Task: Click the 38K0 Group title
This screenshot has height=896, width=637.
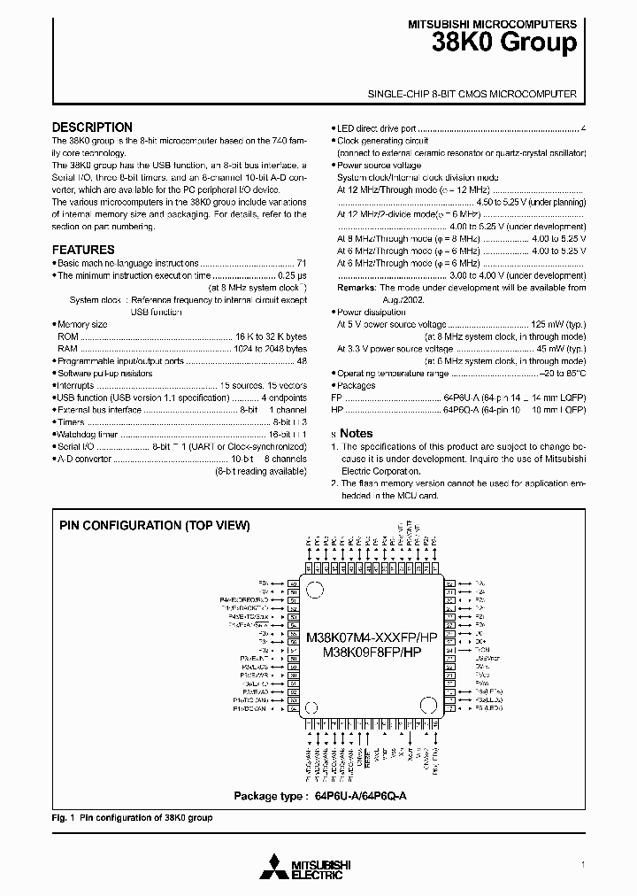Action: click(x=505, y=42)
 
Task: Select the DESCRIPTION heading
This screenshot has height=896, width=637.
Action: click(x=92, y=127)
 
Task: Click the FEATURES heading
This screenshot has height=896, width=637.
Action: click(x=83, y=250)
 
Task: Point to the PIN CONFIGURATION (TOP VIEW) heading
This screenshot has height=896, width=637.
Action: click(x=155, y=525)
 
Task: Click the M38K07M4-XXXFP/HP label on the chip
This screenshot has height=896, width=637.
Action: click(x=372, y=637)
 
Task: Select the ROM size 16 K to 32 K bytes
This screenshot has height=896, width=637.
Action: click(x=271, y=337)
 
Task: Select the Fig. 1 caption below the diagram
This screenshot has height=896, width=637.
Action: click(x=133, y=818)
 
